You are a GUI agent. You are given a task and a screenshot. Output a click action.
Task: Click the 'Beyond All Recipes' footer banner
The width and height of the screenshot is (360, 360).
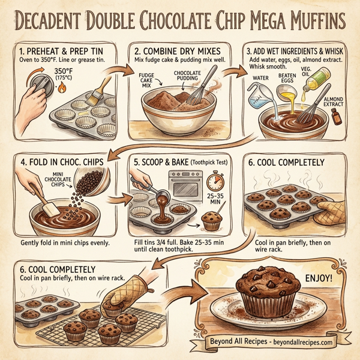[272, 343]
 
